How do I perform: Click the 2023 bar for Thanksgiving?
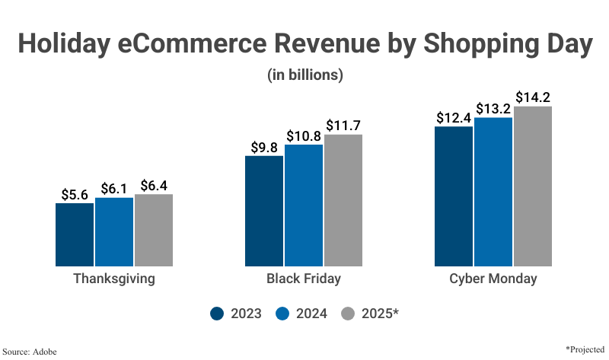[75, 234]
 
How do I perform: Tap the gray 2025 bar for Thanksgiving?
[154, 230]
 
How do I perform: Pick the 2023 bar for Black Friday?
[264, 211]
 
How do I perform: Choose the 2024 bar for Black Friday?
[304, 205]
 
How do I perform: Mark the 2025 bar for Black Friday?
[343, 200]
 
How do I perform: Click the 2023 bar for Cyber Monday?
[454, 196]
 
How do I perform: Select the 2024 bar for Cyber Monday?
[493, 192]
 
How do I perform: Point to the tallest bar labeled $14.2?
[533, 186]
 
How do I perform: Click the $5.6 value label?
[75, 194]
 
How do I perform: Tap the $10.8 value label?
[304, 135]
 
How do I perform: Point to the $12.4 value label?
[454, 118]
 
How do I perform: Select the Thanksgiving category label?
[114, 279]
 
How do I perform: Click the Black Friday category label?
[304, 279]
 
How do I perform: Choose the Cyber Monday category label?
[493, 279]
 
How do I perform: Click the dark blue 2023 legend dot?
[216, 314]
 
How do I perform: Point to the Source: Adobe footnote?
[30, 351]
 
